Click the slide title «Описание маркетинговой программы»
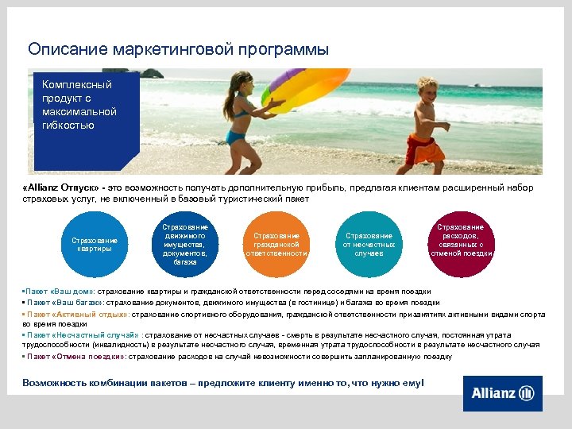(x=178, y=49)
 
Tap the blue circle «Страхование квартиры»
(x=95, y=245)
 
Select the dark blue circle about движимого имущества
(x=185, y=245)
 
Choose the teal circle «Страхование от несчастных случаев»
(x=368, y=245)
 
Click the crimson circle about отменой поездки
(x=460, y=245)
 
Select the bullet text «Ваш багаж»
(x=77, y=303)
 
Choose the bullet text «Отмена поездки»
(x=86, y=357)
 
